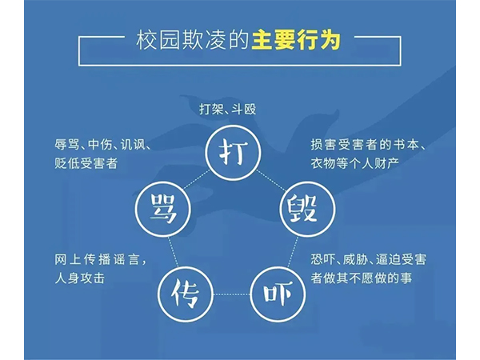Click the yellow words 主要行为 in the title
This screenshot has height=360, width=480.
pyautogui.click(x=296, y=40)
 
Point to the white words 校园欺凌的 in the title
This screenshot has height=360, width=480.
pyautogui.click(x=192, y=40)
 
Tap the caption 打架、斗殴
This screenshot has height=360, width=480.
pyautogui.click(x=228, y=109)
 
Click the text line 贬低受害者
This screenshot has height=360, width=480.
pyautogui.click(x=86, y=163)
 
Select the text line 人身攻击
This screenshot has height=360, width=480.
pyautogui.click(x=79, y=278)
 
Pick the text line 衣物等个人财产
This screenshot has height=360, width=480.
pyautogui.click(x=355, y=163)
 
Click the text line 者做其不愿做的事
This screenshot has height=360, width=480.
pyautogui.click(x=362, y=278)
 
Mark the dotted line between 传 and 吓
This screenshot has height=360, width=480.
pyautogui.click(x=232, y=294)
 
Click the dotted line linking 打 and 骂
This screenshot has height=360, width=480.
pyautogui.click(x=196, y=180)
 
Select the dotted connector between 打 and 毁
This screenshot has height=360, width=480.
pyautogui.click(x=271, y=180)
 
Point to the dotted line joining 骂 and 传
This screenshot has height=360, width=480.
pyautogui.click(x=174, y=251)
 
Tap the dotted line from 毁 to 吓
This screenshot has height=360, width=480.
pyautogui.click(x=293, y=251)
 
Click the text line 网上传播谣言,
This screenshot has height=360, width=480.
pyautogui.click(x=101, y=259)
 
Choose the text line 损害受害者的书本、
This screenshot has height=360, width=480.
pyautogui.click(x=368, y=144)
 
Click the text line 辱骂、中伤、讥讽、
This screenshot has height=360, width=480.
pyautogui.click(x=103, y=144)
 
